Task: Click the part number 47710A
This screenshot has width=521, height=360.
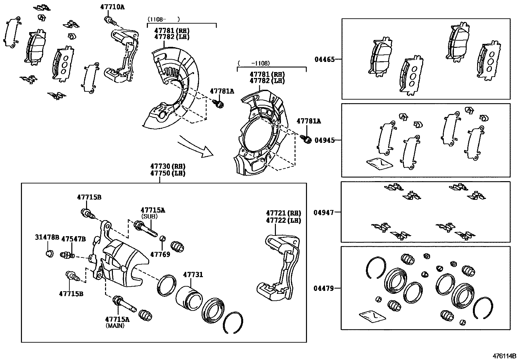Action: pyautogui.click(x=112, y=6)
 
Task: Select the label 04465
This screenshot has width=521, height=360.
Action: pyautogui.click(x=325, y=59)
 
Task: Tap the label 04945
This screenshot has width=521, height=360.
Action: pyautogui.click(x=325, y=140)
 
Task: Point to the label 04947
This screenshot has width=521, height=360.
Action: pyautogui.click(x=324, y=213)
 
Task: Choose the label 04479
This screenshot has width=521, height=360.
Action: pyautogui.click(x=324, y=289)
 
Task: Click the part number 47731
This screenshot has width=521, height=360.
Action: pyautogui.click(x=193, y=275)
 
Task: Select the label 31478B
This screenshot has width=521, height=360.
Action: pyautogui.click(x=47, y=237)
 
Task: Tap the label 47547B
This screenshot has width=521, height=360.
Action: pyautogui.click(x=74, y=239)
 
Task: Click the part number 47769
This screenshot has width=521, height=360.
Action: pyautogui.click(x=160, y=254)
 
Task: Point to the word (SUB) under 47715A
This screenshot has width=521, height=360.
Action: pyautogui.click(x=149, y=217)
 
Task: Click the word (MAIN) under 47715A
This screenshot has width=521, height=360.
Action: pyautogui.click(x=115, y=326)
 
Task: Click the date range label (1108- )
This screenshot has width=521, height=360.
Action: pyautogui.click(x=164, y=19)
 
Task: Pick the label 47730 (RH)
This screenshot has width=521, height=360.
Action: pyautogui.click(x=168, y=166)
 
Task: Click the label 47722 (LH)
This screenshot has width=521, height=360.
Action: pyautogui.click(x=283, y=220)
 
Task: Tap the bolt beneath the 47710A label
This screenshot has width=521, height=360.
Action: pyautogui.click(x=110, y=21)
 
